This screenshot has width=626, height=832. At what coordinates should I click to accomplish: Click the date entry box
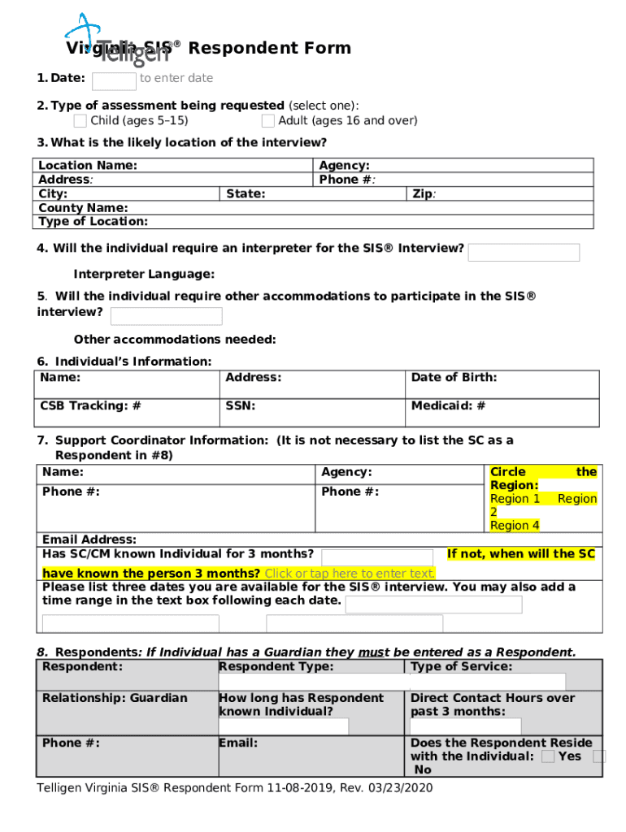(x=114, y=80)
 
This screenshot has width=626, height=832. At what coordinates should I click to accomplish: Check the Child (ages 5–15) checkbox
(x=80, y=121)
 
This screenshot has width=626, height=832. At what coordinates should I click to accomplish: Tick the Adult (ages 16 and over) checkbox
(x=268, y=121)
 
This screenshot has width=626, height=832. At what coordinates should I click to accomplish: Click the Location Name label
(x=88, y=166)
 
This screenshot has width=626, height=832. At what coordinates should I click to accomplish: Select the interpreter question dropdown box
(x=524, y=252)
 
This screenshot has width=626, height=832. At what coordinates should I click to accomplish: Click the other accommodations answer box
(x=166, y=316)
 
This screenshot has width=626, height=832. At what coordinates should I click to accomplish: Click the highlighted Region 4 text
(x=515, y=526)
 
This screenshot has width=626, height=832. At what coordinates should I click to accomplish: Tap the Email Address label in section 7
(x=89, y=539)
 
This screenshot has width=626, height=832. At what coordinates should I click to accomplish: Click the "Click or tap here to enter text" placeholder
(x=350, y=574)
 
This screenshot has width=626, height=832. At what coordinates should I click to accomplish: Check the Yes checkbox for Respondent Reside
(x=549, y=756)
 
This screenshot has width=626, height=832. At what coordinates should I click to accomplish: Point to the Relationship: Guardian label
(x=115, y=698)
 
